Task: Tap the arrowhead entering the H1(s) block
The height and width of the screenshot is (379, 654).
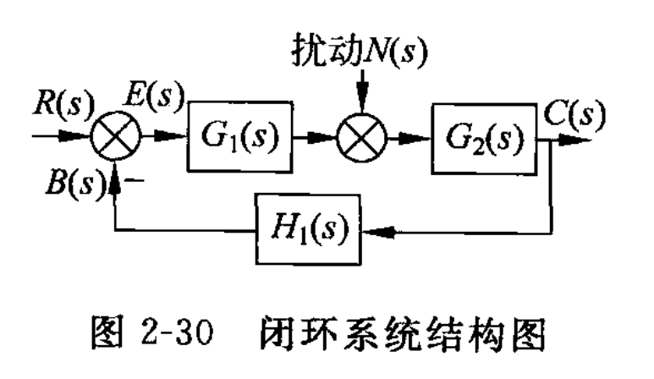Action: pos(371,227)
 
